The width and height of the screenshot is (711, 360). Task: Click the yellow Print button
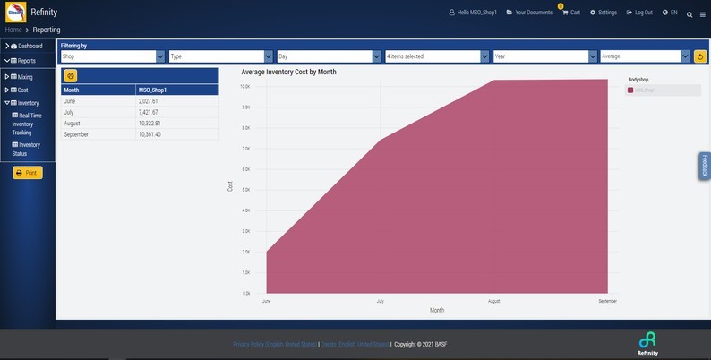click(x=28, y=173)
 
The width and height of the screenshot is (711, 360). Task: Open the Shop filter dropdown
click(x=113, y=56)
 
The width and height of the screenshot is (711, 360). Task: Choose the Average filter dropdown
click(x=646, y=56)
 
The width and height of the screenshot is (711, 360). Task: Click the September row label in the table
click(x=76, y=134)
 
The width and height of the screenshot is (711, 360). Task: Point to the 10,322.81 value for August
click(x=150, y=124)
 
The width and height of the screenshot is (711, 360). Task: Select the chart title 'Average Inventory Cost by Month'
click(x=288, y=72)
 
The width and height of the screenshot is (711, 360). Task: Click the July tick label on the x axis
click(x=381, y=302)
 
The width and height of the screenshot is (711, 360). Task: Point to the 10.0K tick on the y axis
click(x=244, y=87)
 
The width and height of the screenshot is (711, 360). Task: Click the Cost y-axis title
click(x=230, y=186)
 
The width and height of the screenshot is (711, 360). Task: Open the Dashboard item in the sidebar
click(x=30, y=46)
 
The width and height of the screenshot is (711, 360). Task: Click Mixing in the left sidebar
click(x=25, y=77)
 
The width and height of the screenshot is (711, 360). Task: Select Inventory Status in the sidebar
click(x=29, y=149)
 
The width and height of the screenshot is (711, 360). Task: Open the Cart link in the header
click(x=570, y=13)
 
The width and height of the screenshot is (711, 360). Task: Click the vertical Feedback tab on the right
click(x=705, y=166)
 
